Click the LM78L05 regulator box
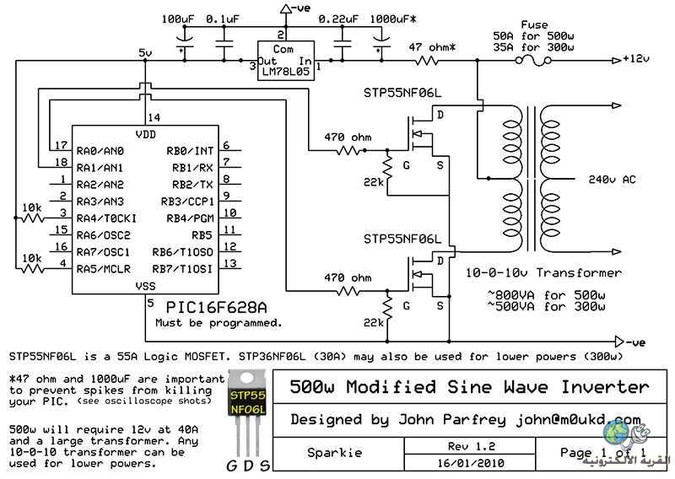(286, 61)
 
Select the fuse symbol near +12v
(533, 61)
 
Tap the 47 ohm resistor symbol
(427, 61)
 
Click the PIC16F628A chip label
(216, 307)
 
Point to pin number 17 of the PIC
(61, 145)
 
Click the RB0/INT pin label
(190, 151)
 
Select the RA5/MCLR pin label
(103, 269)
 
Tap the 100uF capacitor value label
(178, 19)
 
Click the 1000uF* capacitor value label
(393, 19)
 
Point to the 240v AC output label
(612, 180)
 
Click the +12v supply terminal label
(636, 58)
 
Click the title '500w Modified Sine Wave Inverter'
(469, 386)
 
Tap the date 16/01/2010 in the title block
(471, 464)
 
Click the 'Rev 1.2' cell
(472, 446)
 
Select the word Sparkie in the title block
(334, 453)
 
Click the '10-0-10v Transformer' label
(543, 273)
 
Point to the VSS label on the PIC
(145, 286)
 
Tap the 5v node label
(145, 53)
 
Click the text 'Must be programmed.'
(219, 323)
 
